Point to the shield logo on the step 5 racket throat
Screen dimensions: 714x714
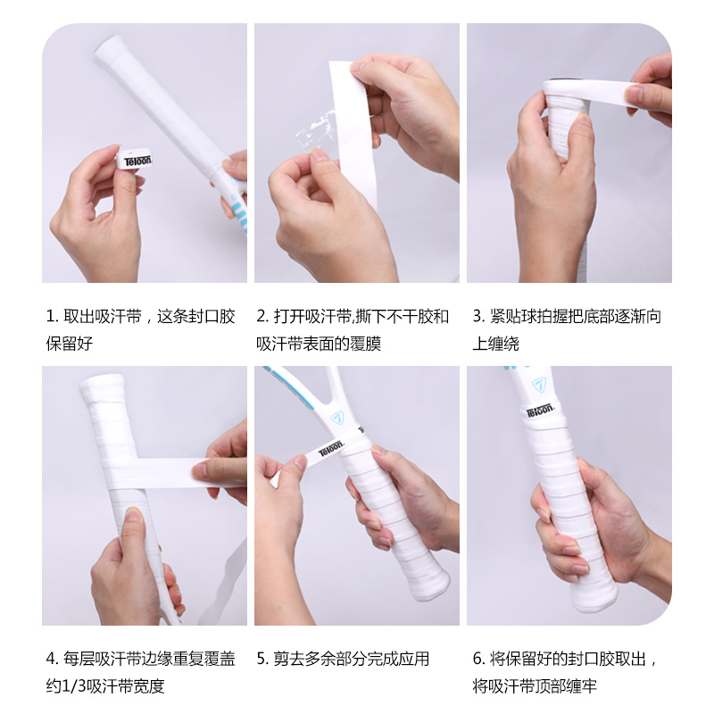pos(336,417)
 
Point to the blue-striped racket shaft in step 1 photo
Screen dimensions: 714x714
pos(233,201)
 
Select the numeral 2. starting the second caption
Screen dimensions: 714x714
pos(262,316)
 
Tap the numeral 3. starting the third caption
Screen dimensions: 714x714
pos(478,316)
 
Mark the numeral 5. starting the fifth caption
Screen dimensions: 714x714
pos(262,660)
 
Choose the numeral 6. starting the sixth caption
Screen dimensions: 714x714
pos(478,660)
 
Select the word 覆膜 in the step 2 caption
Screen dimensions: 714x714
pos(366,344)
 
